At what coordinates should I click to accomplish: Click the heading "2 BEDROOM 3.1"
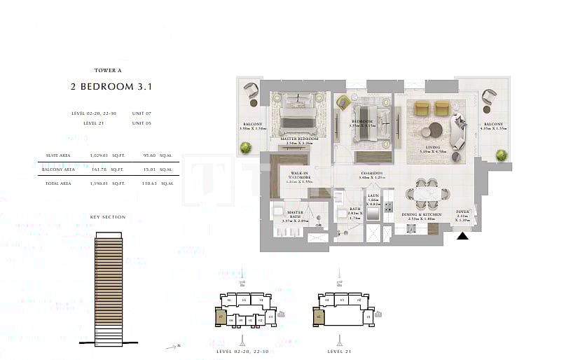pos(111,87)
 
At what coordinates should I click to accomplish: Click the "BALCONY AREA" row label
pos(58,169)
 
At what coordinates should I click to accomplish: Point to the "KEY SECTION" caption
pos(108,217)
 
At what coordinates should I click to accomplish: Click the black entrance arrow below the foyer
pos(462,237)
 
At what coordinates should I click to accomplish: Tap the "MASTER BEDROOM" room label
pos(298,139)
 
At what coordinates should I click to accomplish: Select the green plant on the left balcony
pos(246,147)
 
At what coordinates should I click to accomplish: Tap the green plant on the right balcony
pos(502,155)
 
